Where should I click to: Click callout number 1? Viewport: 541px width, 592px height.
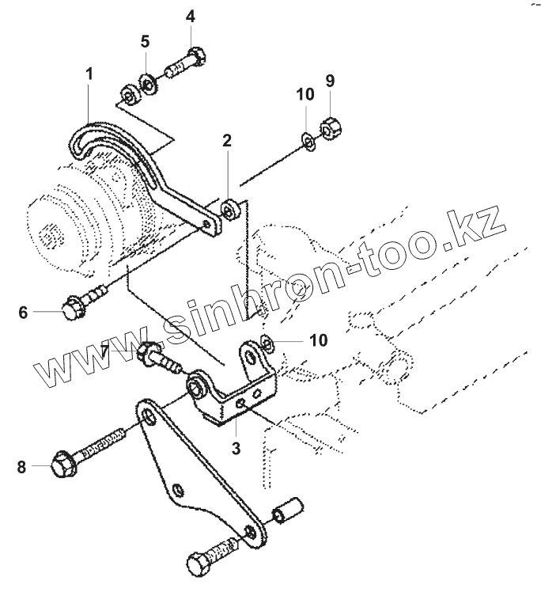(89, 74)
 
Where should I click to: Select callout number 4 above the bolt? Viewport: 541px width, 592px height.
(191, 17)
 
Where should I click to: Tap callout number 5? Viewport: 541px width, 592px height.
(145, 41)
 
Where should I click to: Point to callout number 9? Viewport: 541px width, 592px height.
(330, 80)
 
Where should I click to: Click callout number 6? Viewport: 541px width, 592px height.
(24, 312)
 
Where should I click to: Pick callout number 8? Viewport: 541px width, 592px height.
(23, 467)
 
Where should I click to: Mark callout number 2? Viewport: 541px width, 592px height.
(227, 141)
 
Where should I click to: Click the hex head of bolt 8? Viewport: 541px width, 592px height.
(61, 465)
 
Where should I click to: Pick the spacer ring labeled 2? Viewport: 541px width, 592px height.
(231, 210)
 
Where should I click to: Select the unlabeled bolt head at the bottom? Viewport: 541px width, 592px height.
(199, 564)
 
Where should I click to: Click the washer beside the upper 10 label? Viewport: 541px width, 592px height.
(308, 140)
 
